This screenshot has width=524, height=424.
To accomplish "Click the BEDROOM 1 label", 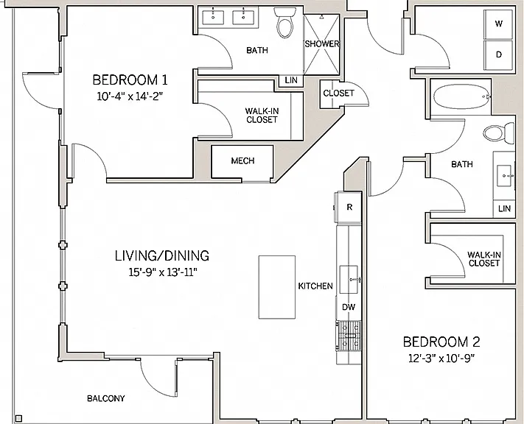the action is click(130, 80).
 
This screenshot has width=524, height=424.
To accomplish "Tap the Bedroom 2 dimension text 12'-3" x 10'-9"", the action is click(441, 358).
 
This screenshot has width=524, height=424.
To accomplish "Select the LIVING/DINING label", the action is click(162, 255).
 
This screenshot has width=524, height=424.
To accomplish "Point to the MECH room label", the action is click(242, 161).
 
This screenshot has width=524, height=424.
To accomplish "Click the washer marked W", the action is click(498, 24).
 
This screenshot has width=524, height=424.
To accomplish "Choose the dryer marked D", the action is click(498, 55).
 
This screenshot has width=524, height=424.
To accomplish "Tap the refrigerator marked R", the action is click(349, 207).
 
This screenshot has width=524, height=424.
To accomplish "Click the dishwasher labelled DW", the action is click(349, 307).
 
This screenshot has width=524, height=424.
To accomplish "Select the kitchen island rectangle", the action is click(277, 287).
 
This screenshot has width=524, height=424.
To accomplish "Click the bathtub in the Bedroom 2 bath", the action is click(462, 96).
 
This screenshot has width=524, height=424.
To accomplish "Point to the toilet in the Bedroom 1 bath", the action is click(285, 22).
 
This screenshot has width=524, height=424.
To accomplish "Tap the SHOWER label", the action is click(322, 43).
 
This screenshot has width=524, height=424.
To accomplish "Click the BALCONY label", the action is click(106, 398).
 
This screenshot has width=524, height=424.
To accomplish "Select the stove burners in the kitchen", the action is click(349, 336).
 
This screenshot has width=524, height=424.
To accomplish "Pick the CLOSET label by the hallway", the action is click(338, 93).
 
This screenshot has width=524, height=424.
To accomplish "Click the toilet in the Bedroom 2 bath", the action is click(499, 133).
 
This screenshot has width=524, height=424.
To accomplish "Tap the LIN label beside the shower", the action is click(291, 80).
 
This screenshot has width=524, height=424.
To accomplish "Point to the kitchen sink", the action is click(349, 280).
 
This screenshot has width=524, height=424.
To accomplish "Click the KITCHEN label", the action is click(315, 286).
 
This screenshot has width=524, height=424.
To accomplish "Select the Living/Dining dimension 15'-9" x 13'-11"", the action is click(163, 273).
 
